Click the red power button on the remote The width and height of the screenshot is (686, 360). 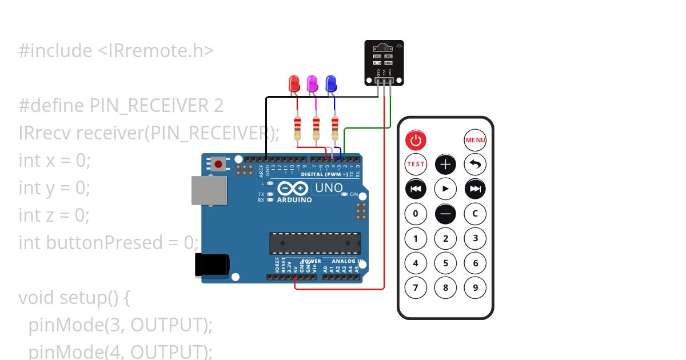point(416,140)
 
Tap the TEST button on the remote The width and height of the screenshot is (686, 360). point(416,164)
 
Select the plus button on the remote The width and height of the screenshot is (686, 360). point(445,165)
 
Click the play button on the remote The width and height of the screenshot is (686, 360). point(445,189)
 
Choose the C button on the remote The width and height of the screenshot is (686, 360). point(475,214)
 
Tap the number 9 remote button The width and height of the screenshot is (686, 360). point(475,287)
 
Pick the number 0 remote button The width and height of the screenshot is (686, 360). point(416,214)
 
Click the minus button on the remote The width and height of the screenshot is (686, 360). point(445,214)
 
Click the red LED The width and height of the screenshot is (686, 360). point(294,85)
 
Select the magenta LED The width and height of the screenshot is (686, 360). point(312,85)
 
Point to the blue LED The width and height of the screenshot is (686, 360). point(330,85)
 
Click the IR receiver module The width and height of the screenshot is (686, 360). point(384,62)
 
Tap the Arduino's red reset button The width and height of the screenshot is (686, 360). point(218,165)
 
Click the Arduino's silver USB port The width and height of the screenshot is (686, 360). point(208,190)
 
